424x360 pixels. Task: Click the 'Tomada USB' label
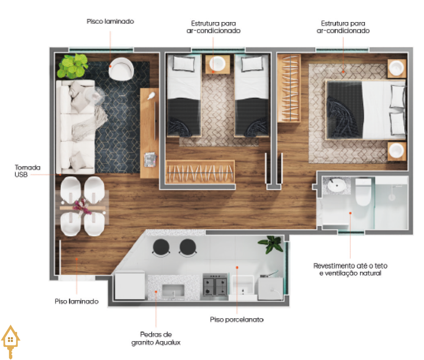27,171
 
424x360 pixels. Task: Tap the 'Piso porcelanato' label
237,319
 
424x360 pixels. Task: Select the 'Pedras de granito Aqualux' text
156,338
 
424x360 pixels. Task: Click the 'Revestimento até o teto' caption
351,265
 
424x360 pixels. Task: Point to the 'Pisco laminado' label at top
110,21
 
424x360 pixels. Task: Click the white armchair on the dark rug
121,69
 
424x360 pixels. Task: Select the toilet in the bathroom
363,192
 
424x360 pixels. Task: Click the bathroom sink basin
337,185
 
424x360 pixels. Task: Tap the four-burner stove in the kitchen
215,286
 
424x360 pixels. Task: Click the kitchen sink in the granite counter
173,291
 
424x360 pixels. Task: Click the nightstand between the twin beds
218,64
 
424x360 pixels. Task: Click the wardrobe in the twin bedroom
200,172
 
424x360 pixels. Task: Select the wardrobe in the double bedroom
289,88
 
